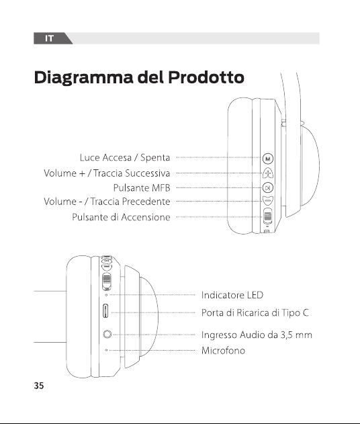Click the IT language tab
[49, 38]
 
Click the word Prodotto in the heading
[206, 77]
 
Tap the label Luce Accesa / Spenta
[125, 157]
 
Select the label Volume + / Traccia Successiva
[107, 173]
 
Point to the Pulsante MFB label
[142, 187]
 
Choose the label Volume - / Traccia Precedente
[107, 202]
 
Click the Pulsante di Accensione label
[121, 217]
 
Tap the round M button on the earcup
[268, 159]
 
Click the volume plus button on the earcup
[268, 173]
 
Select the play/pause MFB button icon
[268, 187]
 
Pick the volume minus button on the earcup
[268, 200]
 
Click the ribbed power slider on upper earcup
[267, 216]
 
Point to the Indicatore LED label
[232, 295]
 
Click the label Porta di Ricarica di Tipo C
[255, 312]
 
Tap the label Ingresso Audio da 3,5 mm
[257, 335]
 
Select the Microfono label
[223, 351]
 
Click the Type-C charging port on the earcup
[105, 310]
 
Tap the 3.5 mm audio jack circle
[107, 335]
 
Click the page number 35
[39, 386]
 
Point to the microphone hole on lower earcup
[106, 350]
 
